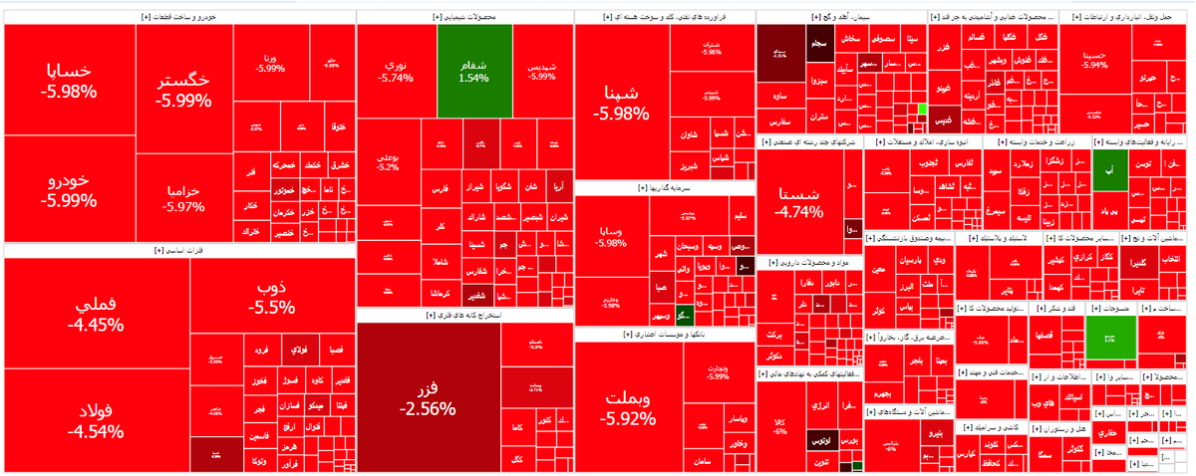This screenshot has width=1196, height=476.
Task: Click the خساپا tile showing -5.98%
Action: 69,82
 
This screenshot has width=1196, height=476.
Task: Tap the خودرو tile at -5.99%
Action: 69,189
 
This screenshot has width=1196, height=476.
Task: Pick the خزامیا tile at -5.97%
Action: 183,197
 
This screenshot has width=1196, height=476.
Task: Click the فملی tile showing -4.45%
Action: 96,314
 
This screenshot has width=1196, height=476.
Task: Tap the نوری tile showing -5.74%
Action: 396,70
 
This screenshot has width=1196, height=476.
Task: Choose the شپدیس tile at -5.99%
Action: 542,70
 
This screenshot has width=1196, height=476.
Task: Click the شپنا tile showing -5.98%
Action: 621,103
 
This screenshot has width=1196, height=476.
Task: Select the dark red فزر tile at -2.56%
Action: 428,396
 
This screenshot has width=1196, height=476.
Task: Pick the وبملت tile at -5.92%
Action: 628,406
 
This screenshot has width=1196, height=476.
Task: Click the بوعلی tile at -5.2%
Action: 388,161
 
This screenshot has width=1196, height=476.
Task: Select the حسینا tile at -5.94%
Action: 1095,59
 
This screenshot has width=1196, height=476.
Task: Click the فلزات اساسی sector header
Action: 179,251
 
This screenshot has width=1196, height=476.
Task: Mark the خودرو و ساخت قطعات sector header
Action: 179,18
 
